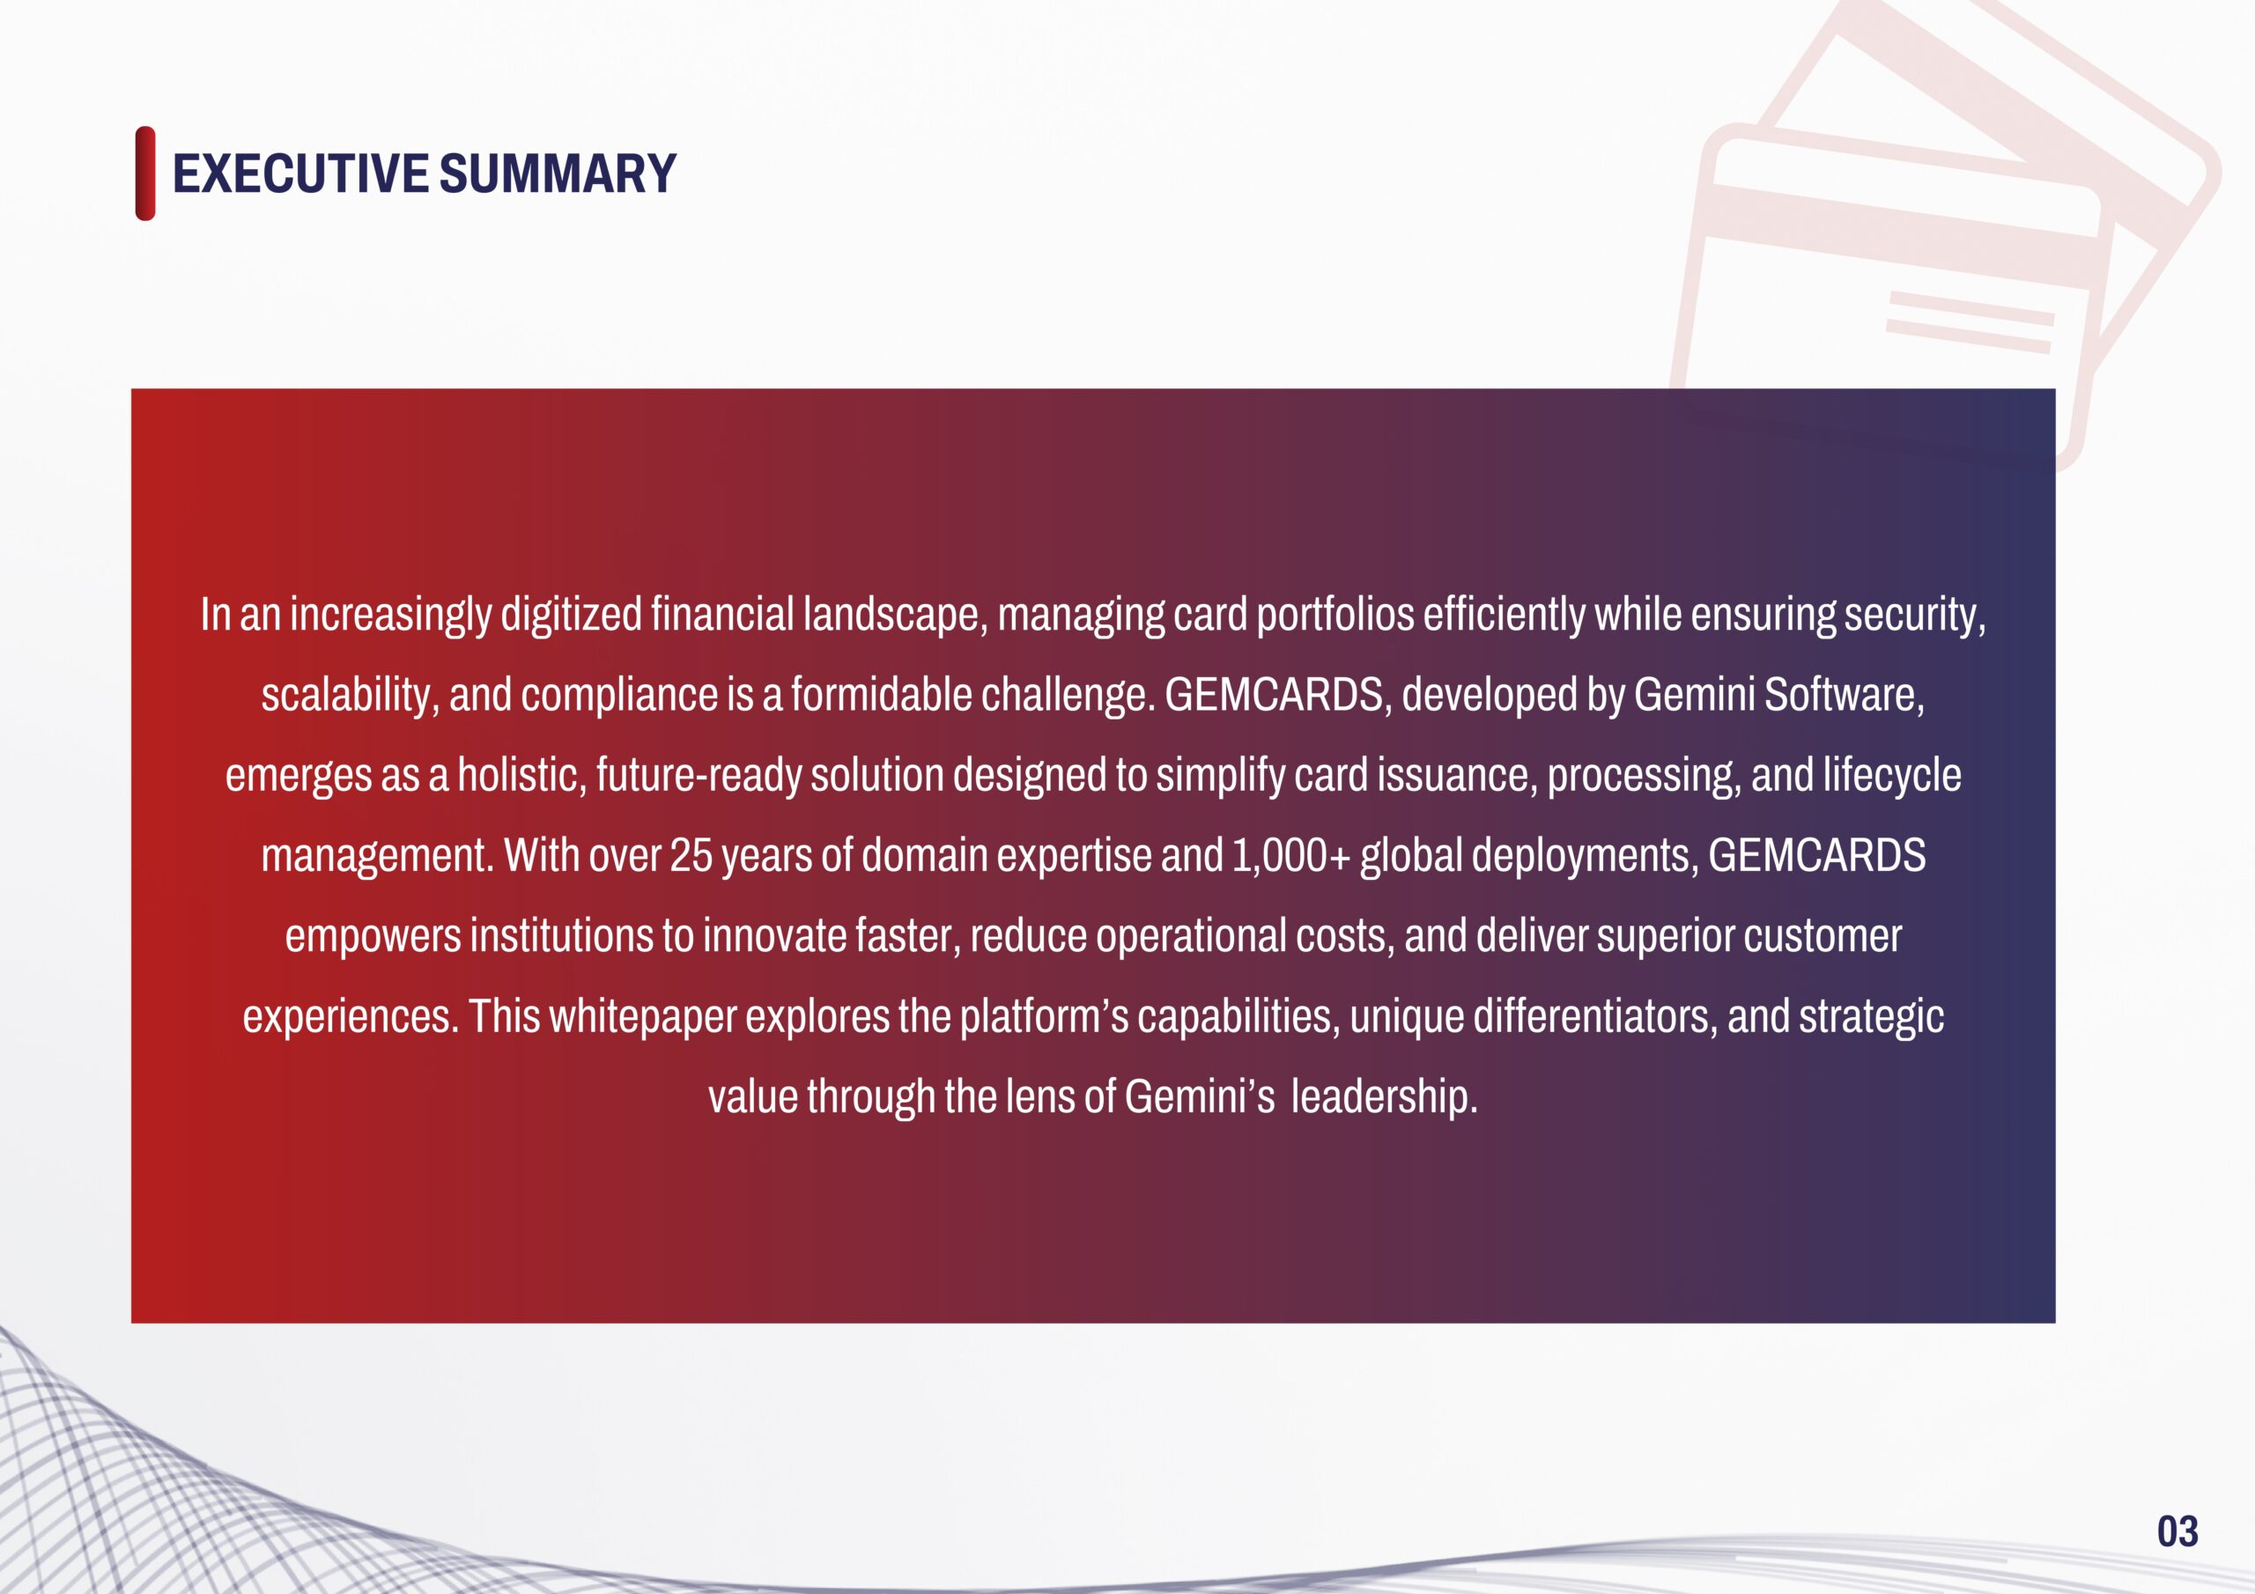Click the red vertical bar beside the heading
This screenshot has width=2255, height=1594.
pyautogui.click(x=145, y=173)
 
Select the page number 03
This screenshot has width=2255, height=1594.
pyautogui.click(x=2177, y=1531)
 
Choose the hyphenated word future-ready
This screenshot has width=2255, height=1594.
pyautogui.click(x=699, y=776)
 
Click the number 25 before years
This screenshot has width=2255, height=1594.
pyautogui.click(x=691, y=855)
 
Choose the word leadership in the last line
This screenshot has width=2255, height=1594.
pyautogui.click(x=1383, y=1097)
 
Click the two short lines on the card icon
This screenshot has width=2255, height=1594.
pyautogui.click(x=1970, y=322)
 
